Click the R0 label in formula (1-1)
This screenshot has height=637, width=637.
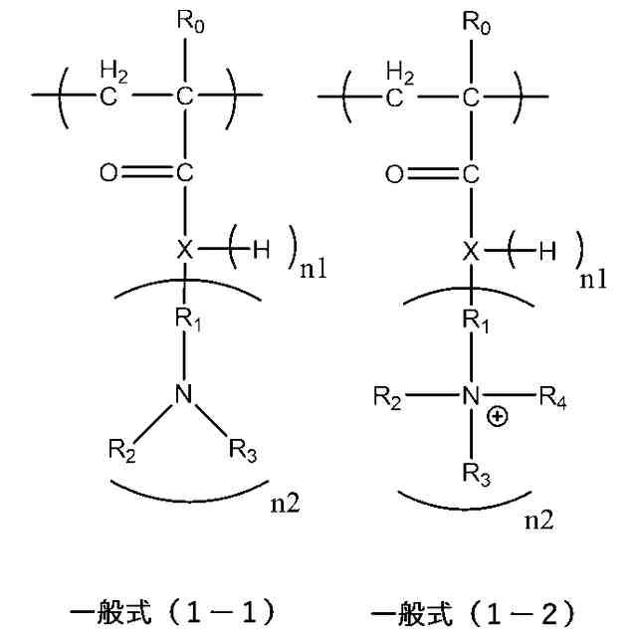click(186, 21)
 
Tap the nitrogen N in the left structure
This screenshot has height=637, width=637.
click(182, 395)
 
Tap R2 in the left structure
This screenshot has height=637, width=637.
click(122, 451)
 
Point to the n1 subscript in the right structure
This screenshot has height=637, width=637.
click(593, 281)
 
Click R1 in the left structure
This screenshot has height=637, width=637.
click(186, 319)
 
